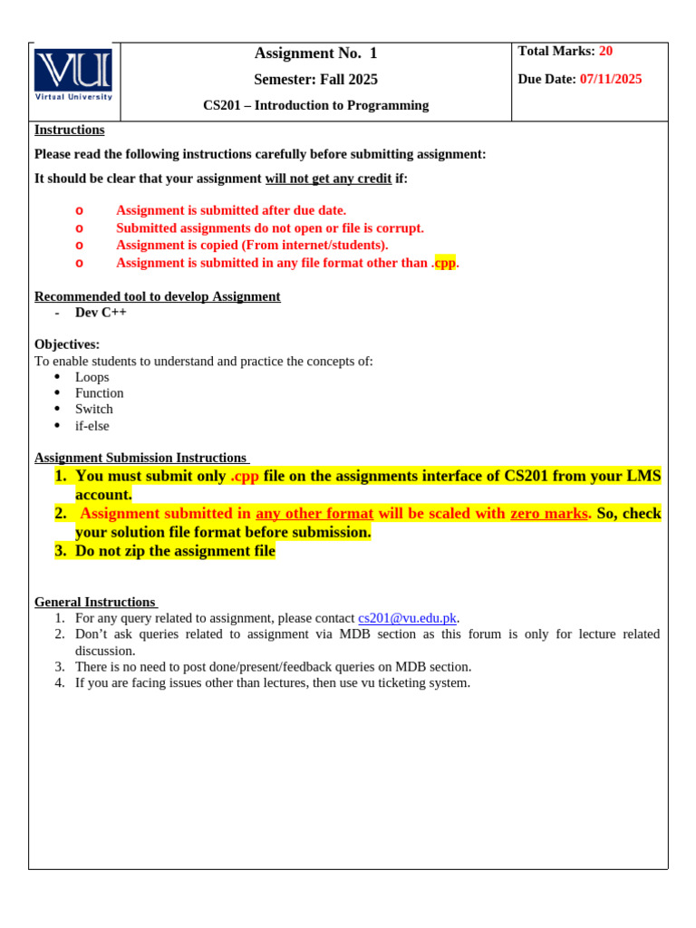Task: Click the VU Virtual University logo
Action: [x=73, y=74]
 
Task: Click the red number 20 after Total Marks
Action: [x=605, y=52]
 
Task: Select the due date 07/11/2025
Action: [x=610, y=80]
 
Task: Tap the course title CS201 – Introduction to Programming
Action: [x=315, y=106]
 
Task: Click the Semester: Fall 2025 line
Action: [x=315, y=80]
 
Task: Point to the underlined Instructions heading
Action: [x=69, y=130]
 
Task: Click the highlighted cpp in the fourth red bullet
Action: [x=445, y=263]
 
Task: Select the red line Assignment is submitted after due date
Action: [x=230, y=210]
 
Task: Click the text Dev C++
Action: [x=101, y=313]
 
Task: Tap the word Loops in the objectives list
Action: [x=92, y=377]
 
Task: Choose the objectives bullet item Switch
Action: [x=93, y=410]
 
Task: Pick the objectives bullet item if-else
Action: [x=92, y=426]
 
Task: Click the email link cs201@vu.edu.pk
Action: [x=407, y=618]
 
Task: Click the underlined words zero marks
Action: [x=549, y=514]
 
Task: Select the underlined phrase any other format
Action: [x=314, y=514]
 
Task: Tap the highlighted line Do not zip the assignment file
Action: [x=175, y=551]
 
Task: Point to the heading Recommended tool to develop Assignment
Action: [x=157, y=296]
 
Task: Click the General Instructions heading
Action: [x=95, y=602]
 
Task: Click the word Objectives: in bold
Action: [x=67, y=344]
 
